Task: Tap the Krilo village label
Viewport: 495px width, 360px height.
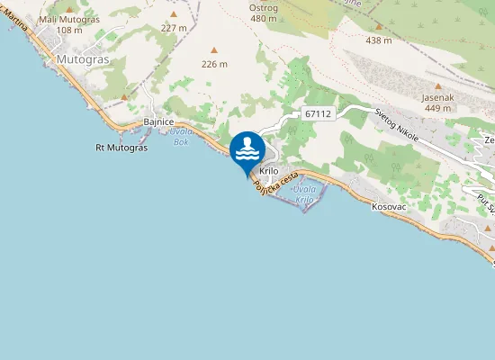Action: pyautogui.click(x=269, y=171)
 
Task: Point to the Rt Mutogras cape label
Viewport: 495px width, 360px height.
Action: pyautogui.click(x=121, y=147)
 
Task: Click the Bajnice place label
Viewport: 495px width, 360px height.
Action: pyautogui.click(x=158, y=121)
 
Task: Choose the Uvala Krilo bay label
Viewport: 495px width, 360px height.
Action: pyautogui.click(x=305, y=193)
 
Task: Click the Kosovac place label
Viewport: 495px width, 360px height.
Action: pyautogui.click(x=390, y=207)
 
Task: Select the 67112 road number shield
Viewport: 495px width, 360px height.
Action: pyautogui.click(x=319, y=113)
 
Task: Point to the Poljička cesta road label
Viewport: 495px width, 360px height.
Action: pyautogui.click(x=275, y=185)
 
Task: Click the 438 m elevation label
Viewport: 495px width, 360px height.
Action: pyautogui.click(x=379, y=40)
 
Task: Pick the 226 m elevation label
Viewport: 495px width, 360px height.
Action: pyautogui.click(x=214, y=64)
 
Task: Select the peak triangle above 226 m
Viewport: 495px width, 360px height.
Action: pyautogui.click(x=214, y=50)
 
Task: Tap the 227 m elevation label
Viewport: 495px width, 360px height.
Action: pyautogui.click(x=174, y=28)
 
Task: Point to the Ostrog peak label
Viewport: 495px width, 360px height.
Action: pyautogui.click(x=264, y=7)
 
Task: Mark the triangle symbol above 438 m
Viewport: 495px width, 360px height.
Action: pyautogui.click(x=379, y=27)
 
